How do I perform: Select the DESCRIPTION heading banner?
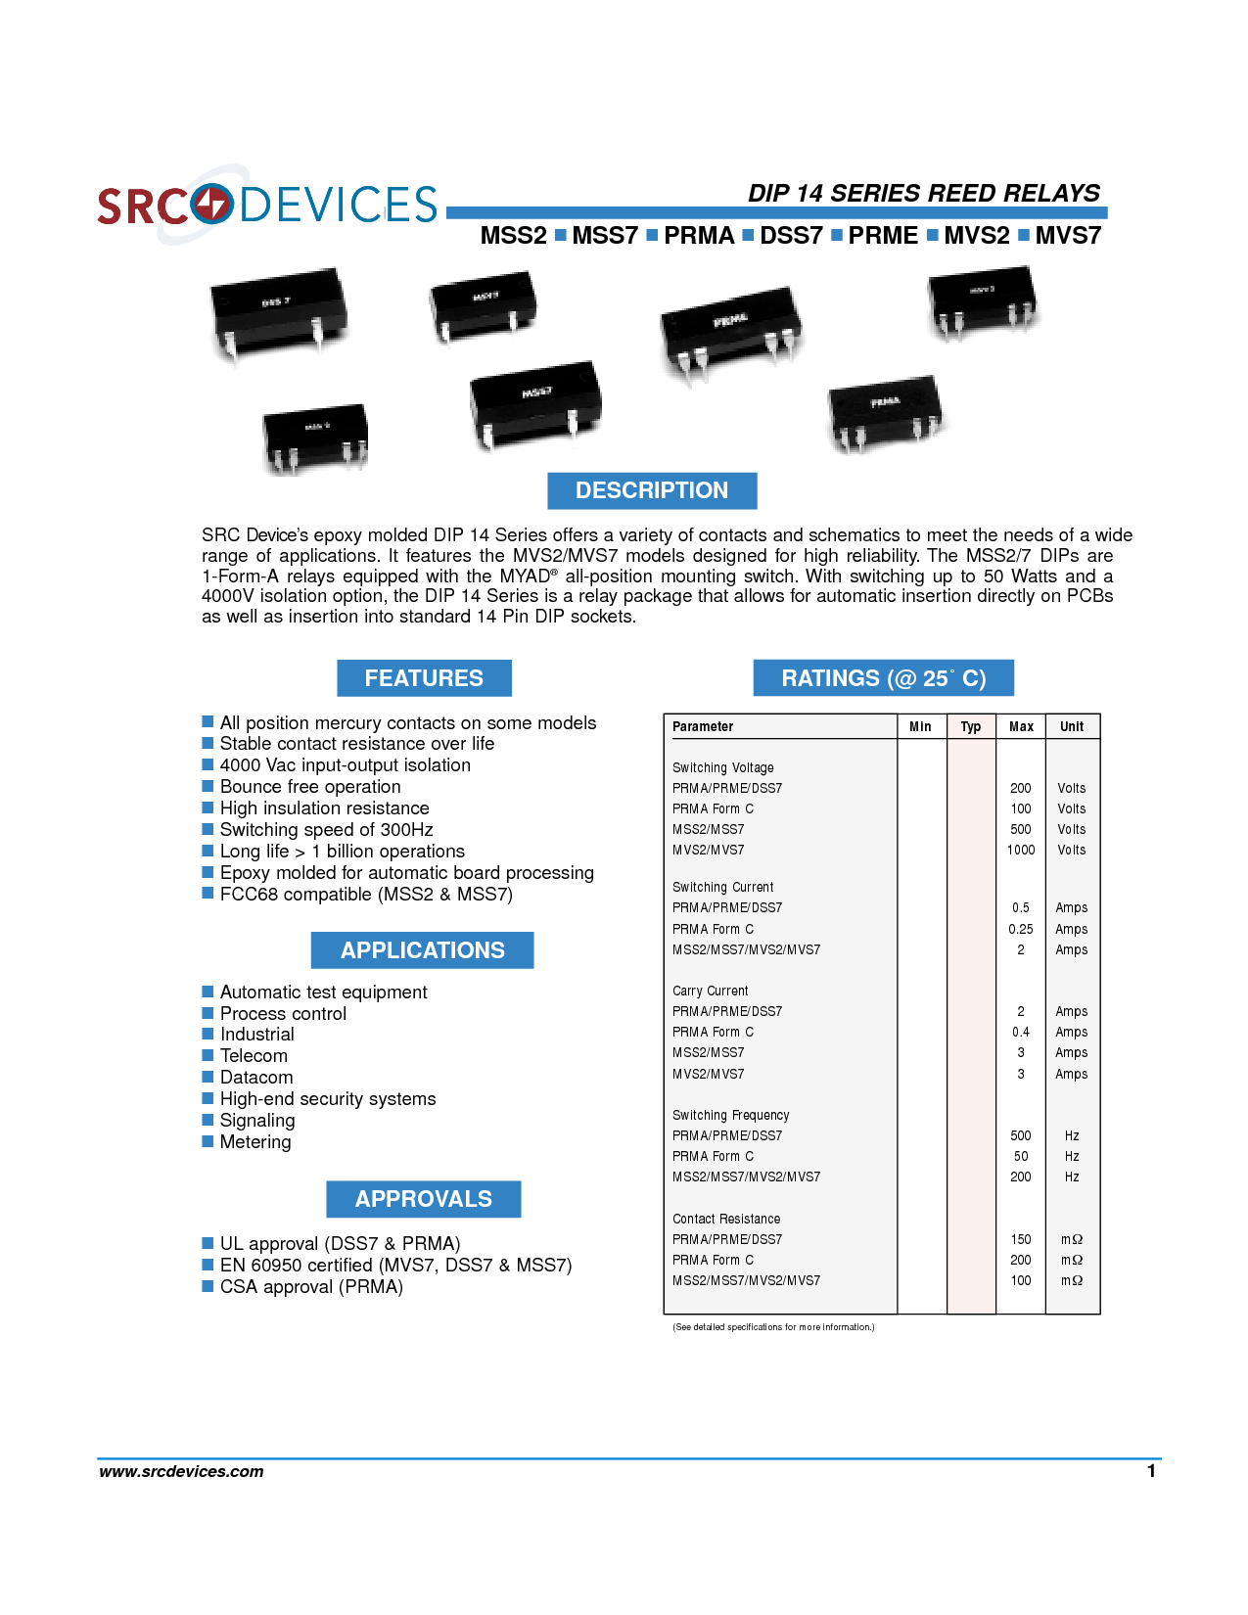tap(652, 490)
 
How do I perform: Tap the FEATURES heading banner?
tap(424, 678)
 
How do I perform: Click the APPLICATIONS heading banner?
tap(423, 950)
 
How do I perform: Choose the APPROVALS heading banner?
tap(424, 1199)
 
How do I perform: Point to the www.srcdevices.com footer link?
tap(181, 1471)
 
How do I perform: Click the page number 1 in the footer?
tap(1151, 1471)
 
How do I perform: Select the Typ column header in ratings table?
tap(971, 726)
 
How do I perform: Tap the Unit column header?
tap(1072, 726)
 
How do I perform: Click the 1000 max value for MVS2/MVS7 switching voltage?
tap(1021, 850)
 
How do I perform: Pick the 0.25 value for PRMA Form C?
tap(1021, 929)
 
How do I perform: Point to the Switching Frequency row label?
tap(730, 1115)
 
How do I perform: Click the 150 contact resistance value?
tap(1021, 1239)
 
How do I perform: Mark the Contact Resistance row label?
tap(726, 1219)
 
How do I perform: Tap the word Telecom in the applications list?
tap(254, 1056)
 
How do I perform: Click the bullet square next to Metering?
tap(208, 1141)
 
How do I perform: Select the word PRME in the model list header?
tap(883, 236)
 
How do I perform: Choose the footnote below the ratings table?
tap(773, 1327)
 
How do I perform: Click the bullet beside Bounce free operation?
tap(208, 786)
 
